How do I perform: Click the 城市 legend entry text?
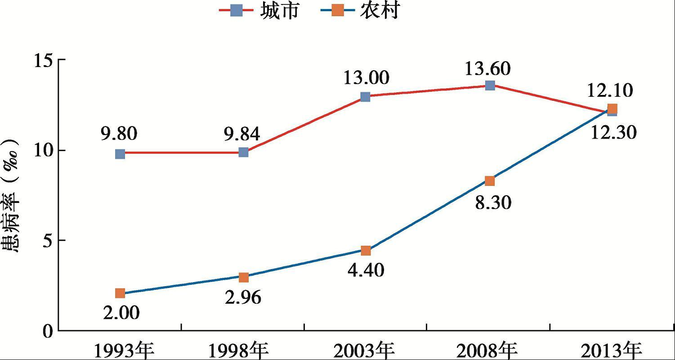(279, 11)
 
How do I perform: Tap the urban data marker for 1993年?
(120, 154)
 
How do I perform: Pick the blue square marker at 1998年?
(243, 152)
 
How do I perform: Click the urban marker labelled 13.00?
(365, 97)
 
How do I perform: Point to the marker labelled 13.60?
(490, 85)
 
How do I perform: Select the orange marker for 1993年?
(120, 293)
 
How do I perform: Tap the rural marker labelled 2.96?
(243, 277)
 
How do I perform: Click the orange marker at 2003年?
(366, 251)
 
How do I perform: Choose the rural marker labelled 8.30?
(490, 181)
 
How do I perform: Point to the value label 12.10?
(610, 91)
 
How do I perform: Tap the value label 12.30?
(614, 133)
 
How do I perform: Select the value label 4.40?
(366, 270)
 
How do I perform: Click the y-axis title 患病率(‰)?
(13, 195)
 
